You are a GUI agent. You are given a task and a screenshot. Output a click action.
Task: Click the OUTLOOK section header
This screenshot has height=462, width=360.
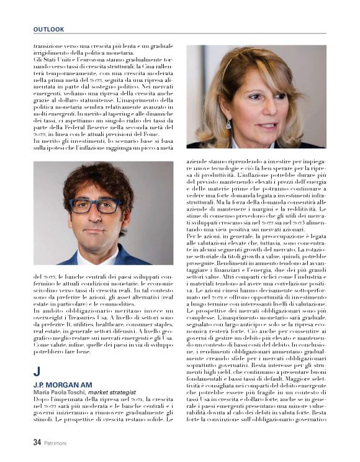[x=49, y=29]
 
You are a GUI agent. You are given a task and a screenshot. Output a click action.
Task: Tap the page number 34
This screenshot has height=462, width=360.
[x=37, y=443]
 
